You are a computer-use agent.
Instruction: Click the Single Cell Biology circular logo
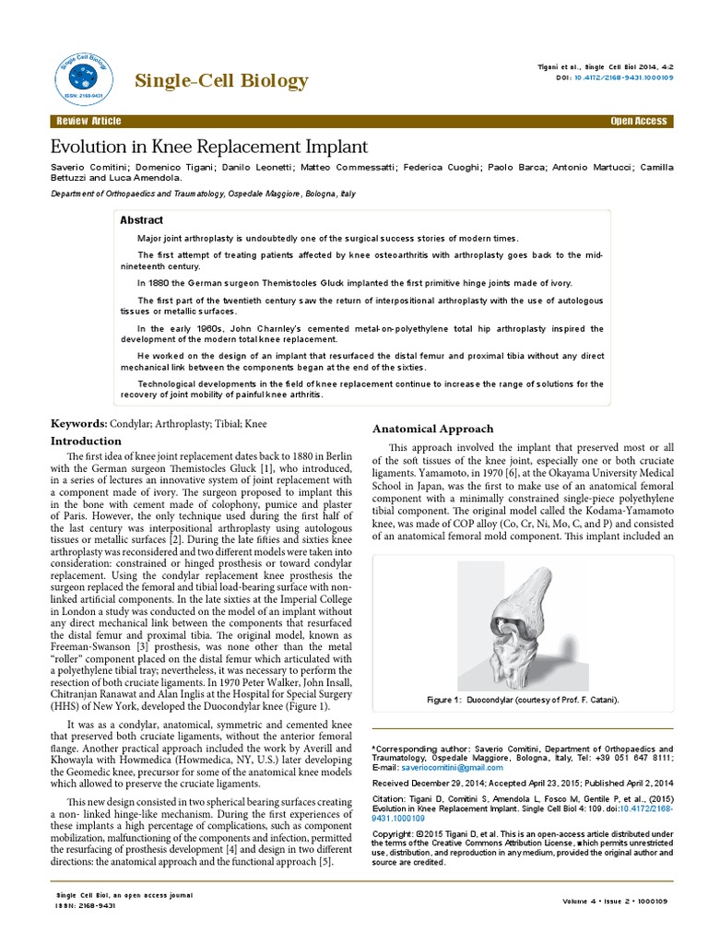pyautogui.click(x=80, y=70)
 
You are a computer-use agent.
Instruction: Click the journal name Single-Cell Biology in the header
pyautogui.click(x=221, y=81)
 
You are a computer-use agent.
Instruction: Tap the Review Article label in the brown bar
pyautogui.click(x=88, y=122)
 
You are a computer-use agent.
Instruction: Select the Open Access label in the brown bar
pyautogui.click(x=639, y=122)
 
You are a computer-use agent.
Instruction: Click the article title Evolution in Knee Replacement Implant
pyautogui.click(x=208, y=147)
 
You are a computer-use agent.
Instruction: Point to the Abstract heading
pyautogui.click(x=142, y=220)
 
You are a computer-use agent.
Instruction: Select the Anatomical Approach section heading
pyautogui.click(x=432, y=429)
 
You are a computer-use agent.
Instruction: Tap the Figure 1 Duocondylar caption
pyautogui.click(x=523, y=700)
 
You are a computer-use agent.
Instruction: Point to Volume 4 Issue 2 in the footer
pyautogui.click(x=607, y=900)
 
